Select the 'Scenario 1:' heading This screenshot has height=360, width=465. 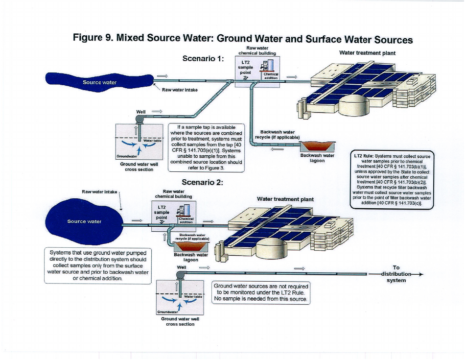click(x=203, y=58)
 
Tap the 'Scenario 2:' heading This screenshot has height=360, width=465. click(x=203, y=182)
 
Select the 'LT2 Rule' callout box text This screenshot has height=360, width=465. click(x=393, y=179)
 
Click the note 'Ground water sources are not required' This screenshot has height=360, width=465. click(x=261, y=292)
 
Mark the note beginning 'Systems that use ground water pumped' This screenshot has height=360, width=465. click(x=97, y=265)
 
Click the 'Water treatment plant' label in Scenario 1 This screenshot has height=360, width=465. click(x=367, y=53)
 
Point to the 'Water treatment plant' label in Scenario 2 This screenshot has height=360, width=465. click(x=285, y=199)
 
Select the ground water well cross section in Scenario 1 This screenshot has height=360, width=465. click(x=139, y=142)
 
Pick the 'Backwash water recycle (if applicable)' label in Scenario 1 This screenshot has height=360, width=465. click(x=277, y=134)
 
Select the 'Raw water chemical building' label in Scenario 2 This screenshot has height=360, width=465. click(x=174, y=194)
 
